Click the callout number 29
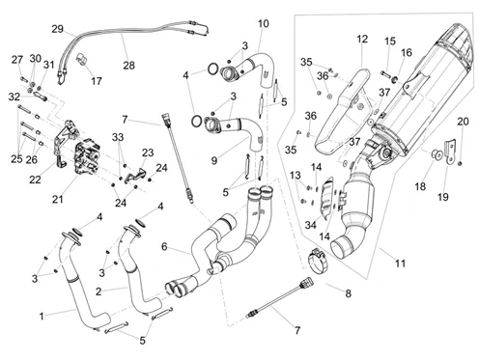(x=58, y=29)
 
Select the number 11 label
(x=400, y=263)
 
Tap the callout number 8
(x=348, y=293)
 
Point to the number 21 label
(x=58, y=200)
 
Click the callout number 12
(x=362, y=39)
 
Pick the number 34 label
(x=310, y=225)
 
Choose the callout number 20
(x=463, y=122)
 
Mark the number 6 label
(x=164, y=247)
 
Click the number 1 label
(x=42, y=317)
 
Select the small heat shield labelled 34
(x=328, y=197)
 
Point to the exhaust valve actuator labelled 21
(x=87, y=156)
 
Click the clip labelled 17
(x=82, y=60)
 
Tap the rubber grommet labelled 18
(x=437, y=154)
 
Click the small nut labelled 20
(x=460, y=163)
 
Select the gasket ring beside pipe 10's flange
(x=212, y=69)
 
